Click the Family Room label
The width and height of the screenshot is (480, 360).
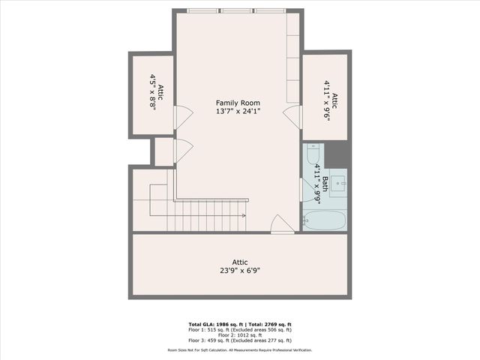coord(237,102)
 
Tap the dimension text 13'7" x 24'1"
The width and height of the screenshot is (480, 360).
coord(237,112)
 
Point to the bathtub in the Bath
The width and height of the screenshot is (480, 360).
coord(324,220)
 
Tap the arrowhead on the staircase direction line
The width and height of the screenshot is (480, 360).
coord(244,214)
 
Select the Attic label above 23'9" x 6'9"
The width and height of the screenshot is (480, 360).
coord(240,262)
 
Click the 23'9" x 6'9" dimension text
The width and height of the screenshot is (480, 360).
coord(240,271)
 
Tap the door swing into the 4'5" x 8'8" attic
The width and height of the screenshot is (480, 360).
coord(181,115)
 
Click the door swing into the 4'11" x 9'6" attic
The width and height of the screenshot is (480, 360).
coord(291,116)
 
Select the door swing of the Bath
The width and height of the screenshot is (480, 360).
coord(304,189)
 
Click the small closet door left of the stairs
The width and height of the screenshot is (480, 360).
coord(180,151)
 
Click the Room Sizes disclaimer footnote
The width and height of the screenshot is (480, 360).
coord(240,349)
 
